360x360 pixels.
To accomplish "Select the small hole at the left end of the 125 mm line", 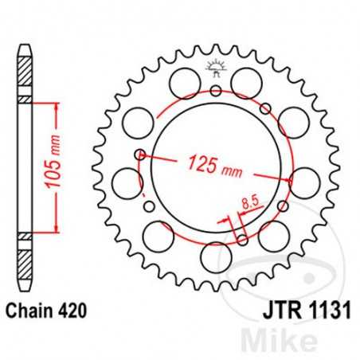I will click(140, 154).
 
